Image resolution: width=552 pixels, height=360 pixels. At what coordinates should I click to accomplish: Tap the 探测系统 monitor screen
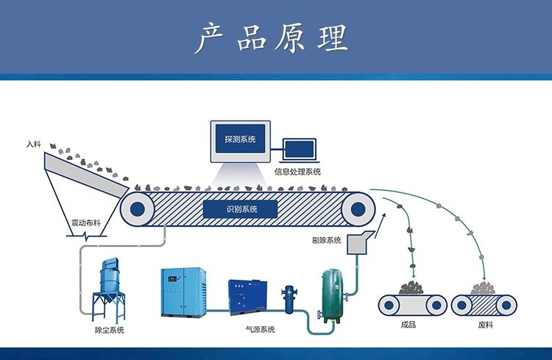click(241, 139)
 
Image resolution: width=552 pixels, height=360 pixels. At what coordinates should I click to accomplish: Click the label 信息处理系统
click(298, 172)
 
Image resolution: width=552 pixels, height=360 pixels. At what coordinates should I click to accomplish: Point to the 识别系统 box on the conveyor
click(241, 208)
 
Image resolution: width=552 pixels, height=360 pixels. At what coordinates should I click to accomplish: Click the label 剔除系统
click(327, 241)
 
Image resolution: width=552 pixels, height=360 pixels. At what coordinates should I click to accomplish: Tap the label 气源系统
click(260, 330)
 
